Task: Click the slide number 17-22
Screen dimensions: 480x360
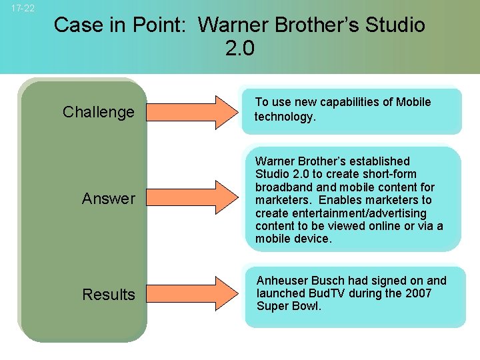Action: pyautogui.click(x=23, y=9)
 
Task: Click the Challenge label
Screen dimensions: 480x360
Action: pyautogui.click(x=99, y=112)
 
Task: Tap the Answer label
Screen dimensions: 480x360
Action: pyautogui.click(x=108, y=199)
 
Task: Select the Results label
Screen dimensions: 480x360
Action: pyautogui.click(x=108, y=295)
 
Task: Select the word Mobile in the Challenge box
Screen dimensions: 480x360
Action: pyautogui.click(x=413, y=102)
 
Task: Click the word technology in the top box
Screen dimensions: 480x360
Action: pyautogui.click(x=284, y=117)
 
